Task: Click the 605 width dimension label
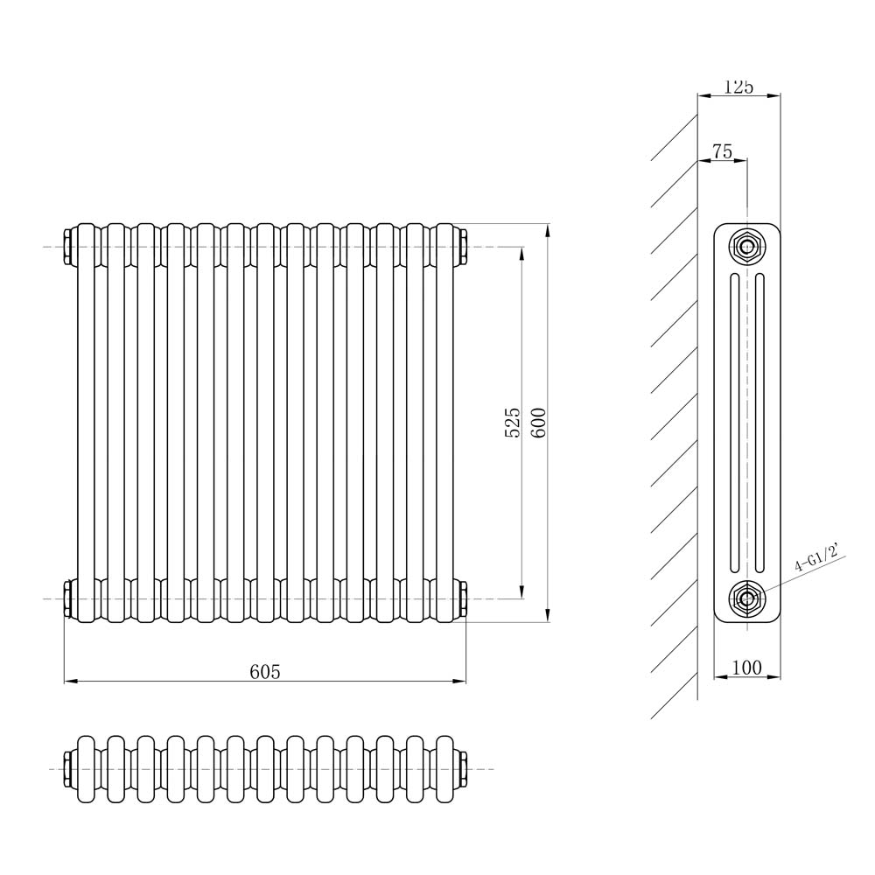(264, 671)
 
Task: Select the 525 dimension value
(513, 423)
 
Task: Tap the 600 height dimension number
(538, 423)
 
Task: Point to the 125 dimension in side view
(738, 87)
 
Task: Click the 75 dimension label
(722, 151)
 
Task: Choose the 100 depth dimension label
(745, 668)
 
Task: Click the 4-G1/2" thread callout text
(816, 557)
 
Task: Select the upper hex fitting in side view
(746, 247)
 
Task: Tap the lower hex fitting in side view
(746, 598)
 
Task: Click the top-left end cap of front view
(68, 248)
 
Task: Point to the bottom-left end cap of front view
(68, 598)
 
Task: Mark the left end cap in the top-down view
(68, 768)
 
